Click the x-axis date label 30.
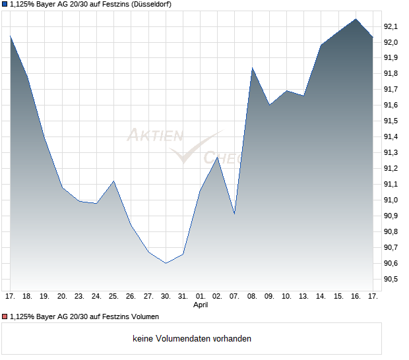[166, 296]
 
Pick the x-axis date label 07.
[234, 296]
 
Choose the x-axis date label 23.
[79, 296]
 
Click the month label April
[201, 305]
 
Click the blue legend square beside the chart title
[5, 4]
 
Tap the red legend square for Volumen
[5, 317]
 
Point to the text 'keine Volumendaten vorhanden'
[192, 339]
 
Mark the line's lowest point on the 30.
[166, 263]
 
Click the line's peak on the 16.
[356, 19]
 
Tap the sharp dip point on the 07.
[234, 214]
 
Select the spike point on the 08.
[252, 68]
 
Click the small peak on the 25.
[113, 181]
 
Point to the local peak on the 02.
[217, 157]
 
